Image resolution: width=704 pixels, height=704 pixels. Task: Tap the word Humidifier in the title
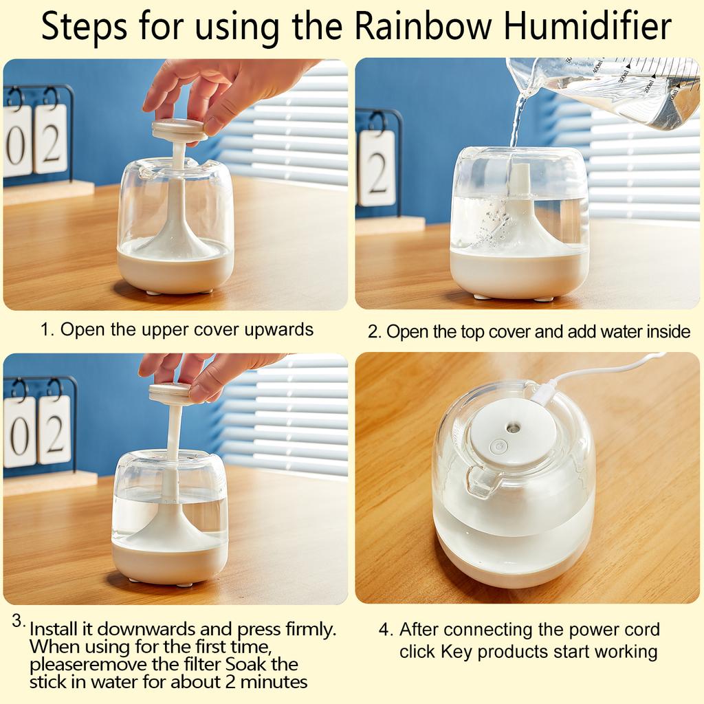click(x=587, y=25)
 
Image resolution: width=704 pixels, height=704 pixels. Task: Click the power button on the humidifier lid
click(x=499, y=446)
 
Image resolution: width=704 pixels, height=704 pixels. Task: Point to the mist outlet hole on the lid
click(x=511, y=427)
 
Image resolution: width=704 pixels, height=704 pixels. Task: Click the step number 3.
click(x=19, y=621)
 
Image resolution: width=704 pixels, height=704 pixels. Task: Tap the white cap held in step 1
click(x=179, y=129)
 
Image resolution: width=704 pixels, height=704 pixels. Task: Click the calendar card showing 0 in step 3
click(x=19, y=432)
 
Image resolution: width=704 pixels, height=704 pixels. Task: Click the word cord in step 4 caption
click(x=640, y=630)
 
